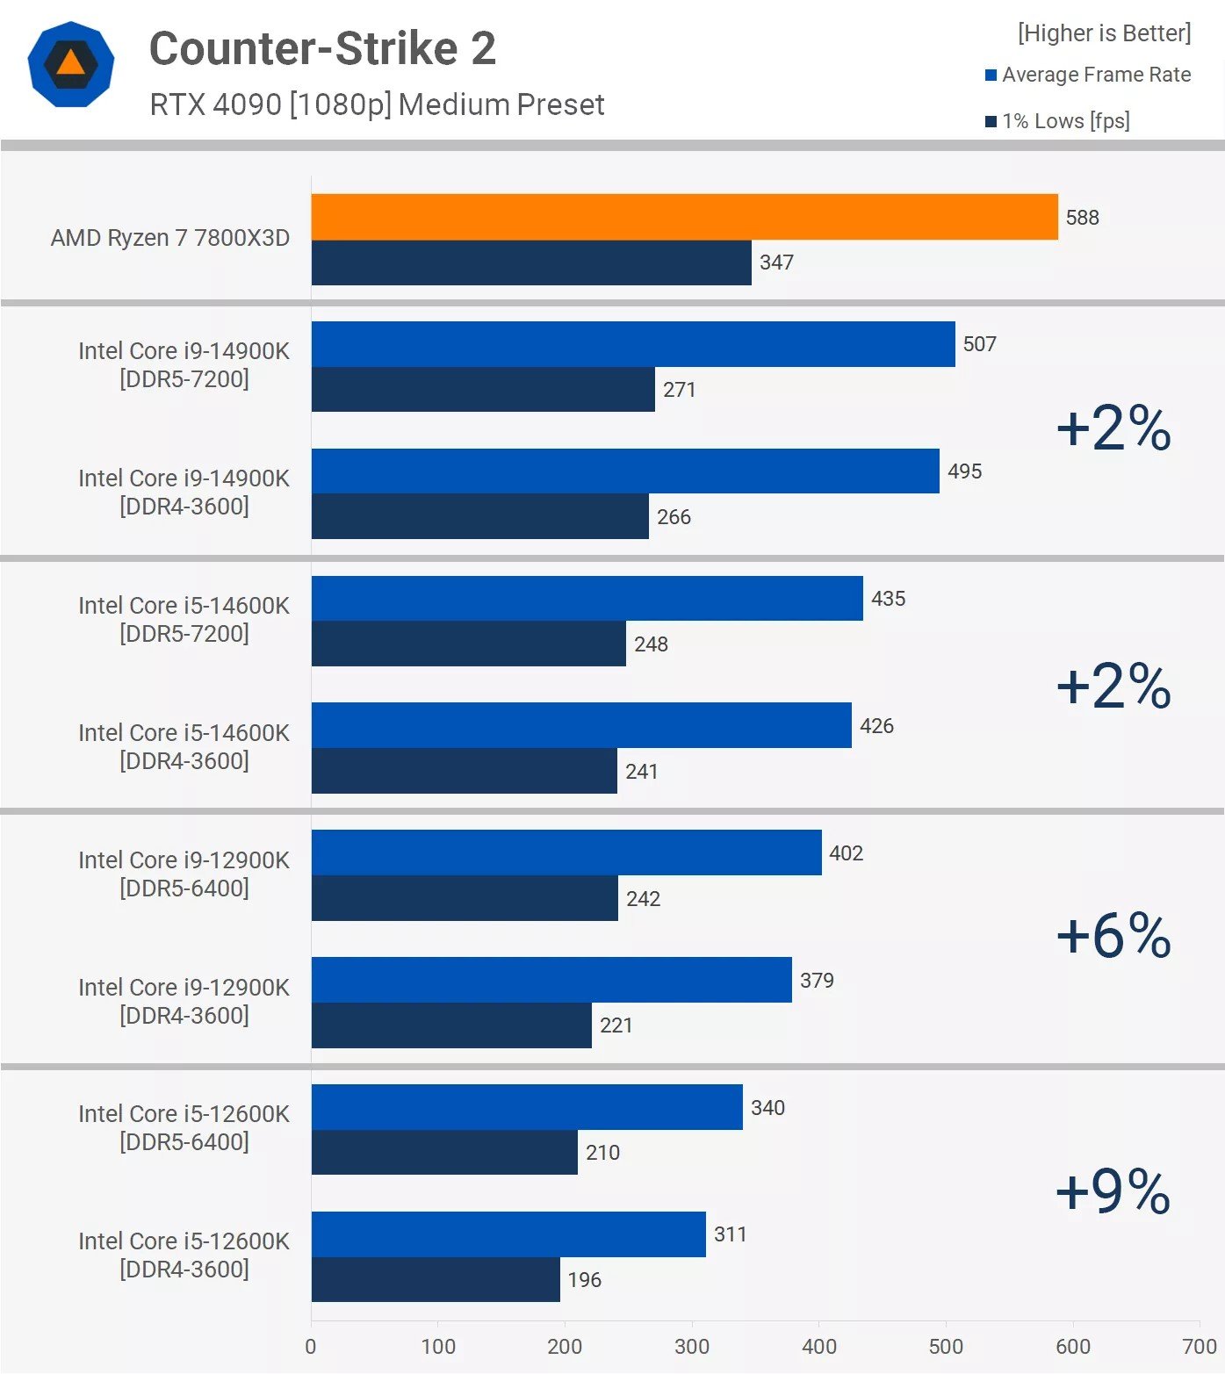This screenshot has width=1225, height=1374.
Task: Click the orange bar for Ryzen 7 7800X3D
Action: click(684, 217)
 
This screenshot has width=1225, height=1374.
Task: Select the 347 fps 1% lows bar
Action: click(531, 263)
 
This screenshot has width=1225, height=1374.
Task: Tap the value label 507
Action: click(979, 344)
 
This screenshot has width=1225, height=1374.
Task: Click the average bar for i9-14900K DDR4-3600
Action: click(625, 471)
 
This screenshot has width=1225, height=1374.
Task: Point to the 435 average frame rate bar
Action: click(587, 599)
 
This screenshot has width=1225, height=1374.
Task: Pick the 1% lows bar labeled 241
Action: click(464, 771)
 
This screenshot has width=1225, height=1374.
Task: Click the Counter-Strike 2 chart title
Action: click(322, 48)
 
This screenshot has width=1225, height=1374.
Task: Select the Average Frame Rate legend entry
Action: click(1088, 76)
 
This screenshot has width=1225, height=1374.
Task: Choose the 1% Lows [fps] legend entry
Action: click(1057, 121)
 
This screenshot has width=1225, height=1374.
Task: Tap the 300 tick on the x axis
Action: click(692, 1346)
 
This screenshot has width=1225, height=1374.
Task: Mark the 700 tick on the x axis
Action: click(1199, 1346)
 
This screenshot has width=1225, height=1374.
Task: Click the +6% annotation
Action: click(1113, 935)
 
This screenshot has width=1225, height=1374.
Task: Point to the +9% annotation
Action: click(1113, 1191)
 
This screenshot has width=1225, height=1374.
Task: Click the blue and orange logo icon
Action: click(70, 65)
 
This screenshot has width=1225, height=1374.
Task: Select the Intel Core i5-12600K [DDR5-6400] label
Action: click(184, 1128)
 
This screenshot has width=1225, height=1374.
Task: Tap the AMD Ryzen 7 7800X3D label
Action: click(170, 238)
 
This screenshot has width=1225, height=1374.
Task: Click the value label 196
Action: click(584, 1280)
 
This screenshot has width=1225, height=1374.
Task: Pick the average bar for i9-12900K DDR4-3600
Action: click(551, 980)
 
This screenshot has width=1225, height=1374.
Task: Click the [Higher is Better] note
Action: click(1104, 33)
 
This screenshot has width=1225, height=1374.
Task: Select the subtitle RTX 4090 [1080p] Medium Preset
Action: click(377, 104)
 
